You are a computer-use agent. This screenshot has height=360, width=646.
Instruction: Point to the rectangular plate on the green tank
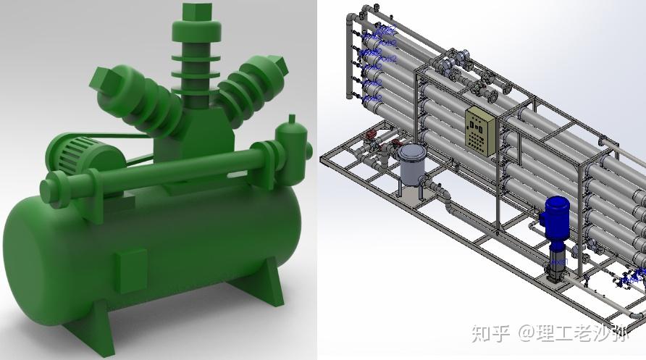[132, 270]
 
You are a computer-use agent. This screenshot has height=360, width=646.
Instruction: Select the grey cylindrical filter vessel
[413, 164]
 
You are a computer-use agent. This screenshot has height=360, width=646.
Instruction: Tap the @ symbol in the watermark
[527, 334]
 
